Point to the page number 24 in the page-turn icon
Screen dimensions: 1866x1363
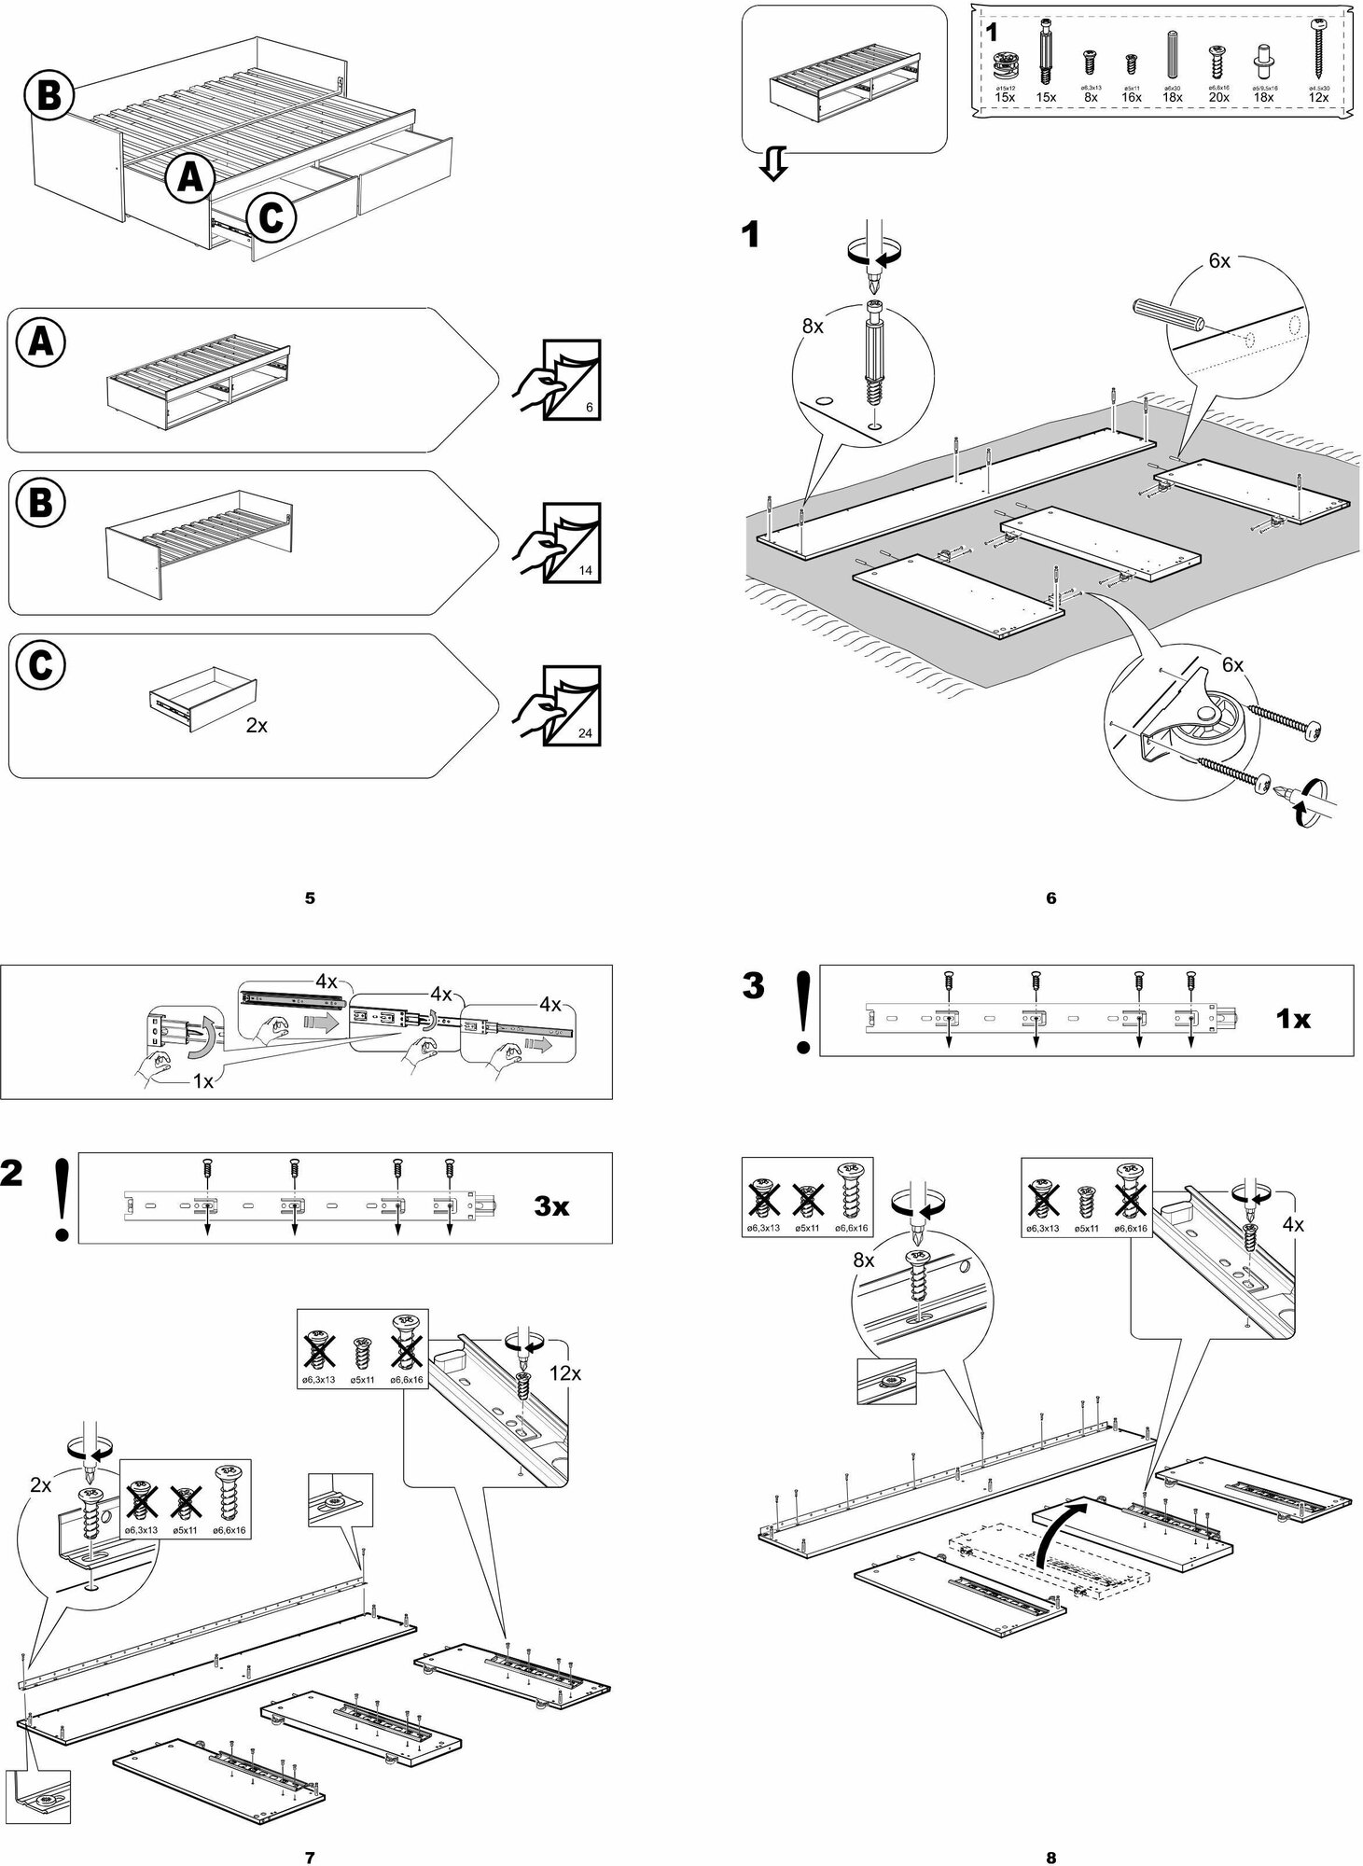[x=585, y=733]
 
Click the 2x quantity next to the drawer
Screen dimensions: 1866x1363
[x=257, y=724]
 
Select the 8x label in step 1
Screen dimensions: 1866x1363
[x=814, y=327]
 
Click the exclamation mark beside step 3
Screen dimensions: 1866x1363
[x=801, y=1011]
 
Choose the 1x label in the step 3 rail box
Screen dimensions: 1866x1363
[x=1293, y=1020]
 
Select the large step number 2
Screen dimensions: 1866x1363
[x=12, y=1175]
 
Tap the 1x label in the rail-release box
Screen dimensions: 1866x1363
[x=203, y=1082]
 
